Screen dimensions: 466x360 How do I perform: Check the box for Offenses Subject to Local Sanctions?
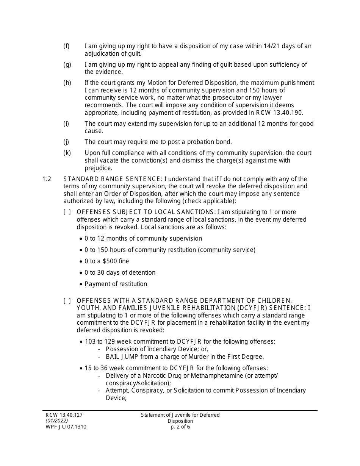67,212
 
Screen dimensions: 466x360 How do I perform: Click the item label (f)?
66,46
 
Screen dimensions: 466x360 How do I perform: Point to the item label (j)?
66,142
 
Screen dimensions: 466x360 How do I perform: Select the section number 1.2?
47,179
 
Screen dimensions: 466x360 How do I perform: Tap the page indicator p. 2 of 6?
180,427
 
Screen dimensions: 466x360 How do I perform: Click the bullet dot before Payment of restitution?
81,284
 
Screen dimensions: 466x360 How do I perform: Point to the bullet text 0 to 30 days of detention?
120,273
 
